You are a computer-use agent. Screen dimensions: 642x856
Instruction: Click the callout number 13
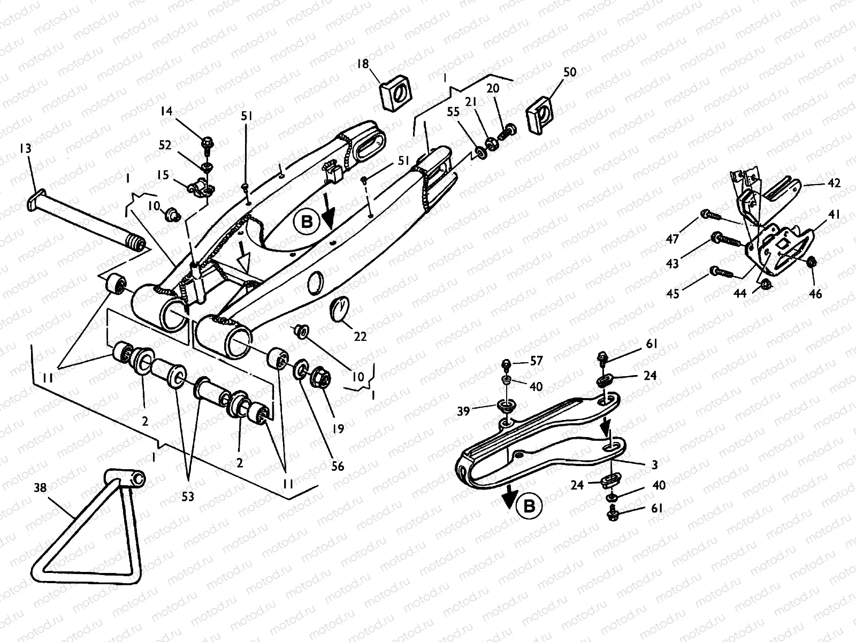[x=25, y=148]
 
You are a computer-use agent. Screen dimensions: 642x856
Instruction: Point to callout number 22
[x=361, y=337]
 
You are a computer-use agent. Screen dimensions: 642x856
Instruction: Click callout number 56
[x=337, y=467]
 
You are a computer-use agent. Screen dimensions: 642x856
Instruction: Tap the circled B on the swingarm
[x=307, y=221]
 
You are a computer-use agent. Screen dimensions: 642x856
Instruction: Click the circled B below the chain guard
[x=529, y=506]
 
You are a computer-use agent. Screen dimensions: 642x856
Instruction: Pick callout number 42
[x=834, y=183]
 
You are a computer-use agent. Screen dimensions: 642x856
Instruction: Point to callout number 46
[x=815, y=294]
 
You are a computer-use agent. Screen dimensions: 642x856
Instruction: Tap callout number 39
[x=463, y=411]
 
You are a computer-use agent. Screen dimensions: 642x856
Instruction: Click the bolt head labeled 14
[x=207, y=143]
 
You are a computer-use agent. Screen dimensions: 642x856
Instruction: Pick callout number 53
[x=187, y=497]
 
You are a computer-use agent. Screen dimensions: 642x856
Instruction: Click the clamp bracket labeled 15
[x=200, y=186]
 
